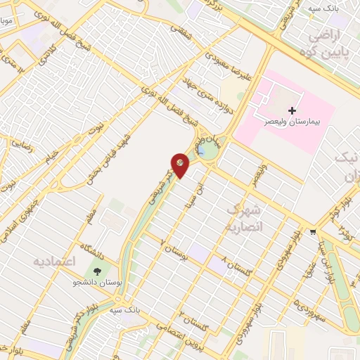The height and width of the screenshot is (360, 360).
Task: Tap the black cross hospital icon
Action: (292, 110)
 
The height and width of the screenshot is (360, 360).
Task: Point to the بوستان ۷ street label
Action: (175, 250)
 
